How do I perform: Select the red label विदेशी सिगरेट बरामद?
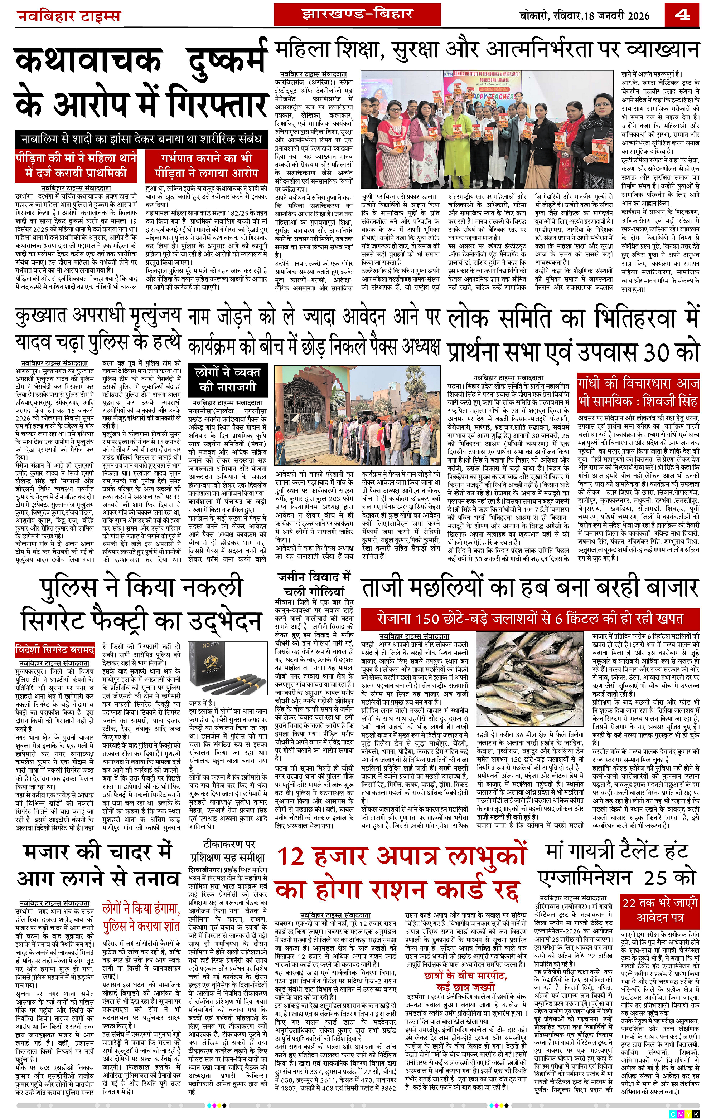click(x=55, y=649)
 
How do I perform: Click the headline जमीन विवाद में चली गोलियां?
click(x=314, y=584)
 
